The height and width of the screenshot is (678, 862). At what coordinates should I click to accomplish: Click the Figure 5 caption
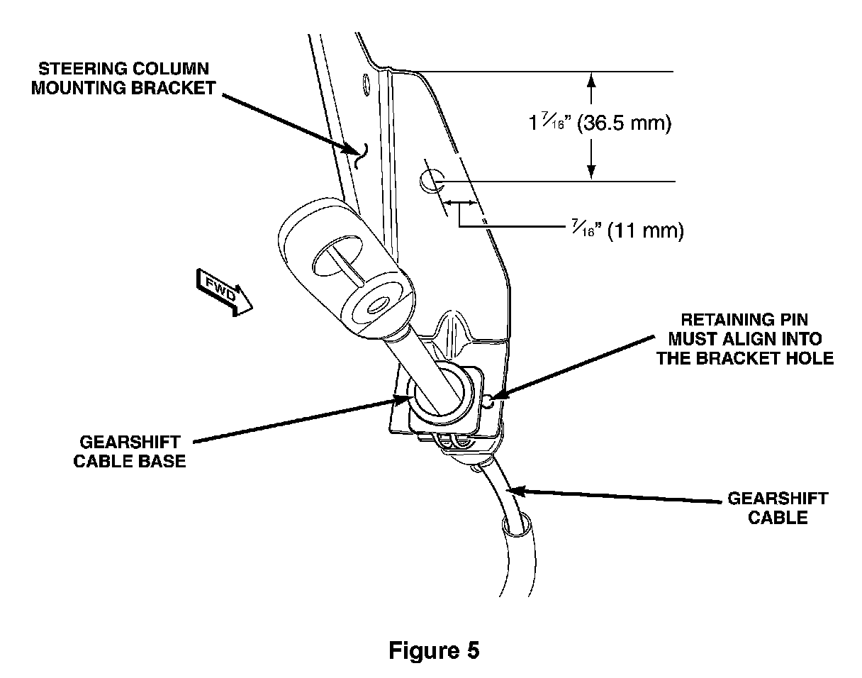click(x=433, y=650)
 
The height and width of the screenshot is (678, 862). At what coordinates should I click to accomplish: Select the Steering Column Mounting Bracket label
click(x=123, y=79)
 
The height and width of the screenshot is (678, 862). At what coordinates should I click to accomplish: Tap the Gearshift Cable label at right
click(x=777, y=508)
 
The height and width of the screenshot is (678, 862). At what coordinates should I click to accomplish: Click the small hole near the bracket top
click(x=365, y=84)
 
